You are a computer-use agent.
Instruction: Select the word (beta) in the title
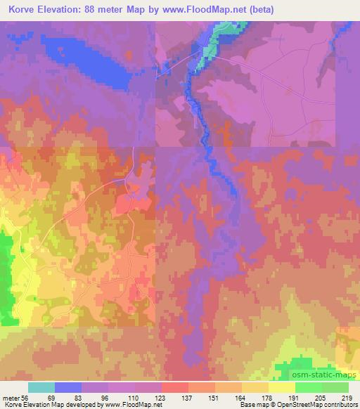click(259, 10)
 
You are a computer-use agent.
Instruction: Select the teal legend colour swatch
click(41, 387)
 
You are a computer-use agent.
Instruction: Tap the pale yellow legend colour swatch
click(282, 387)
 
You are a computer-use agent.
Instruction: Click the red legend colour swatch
click(175, 387)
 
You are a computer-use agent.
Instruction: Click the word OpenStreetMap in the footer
click(296, 405)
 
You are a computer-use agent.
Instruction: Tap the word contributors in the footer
click(339, 405)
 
